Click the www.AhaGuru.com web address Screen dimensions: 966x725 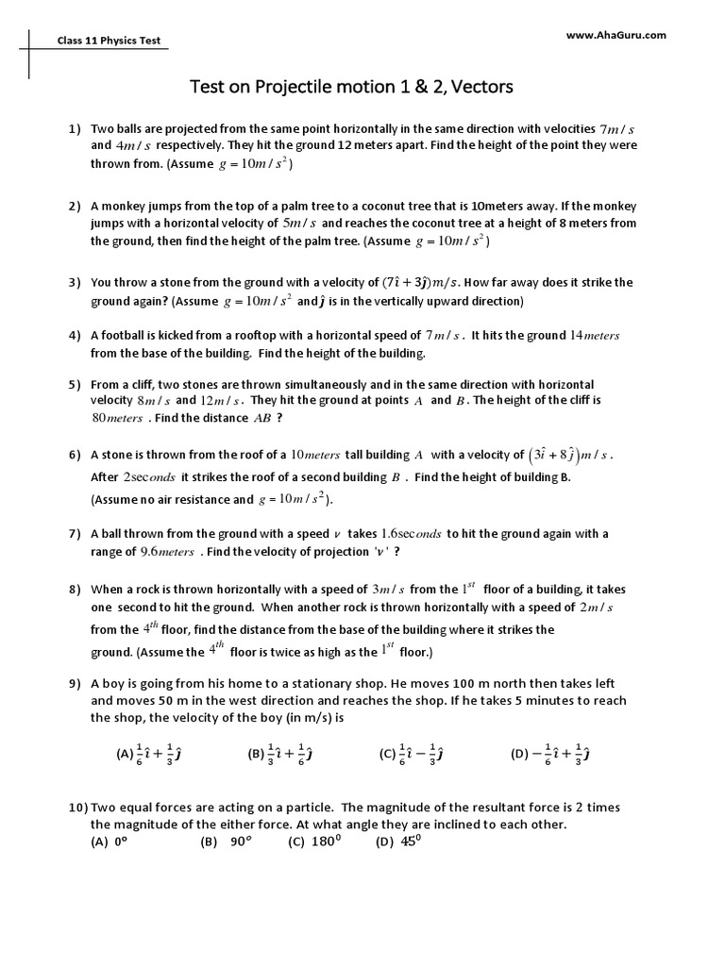tap(616, 35)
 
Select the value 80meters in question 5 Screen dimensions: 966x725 tap(118, 418)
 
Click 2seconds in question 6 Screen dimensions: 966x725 tap(150, 477)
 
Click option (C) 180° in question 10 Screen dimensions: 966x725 tap(312, 842)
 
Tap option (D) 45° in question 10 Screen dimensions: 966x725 tap(396, 842)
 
